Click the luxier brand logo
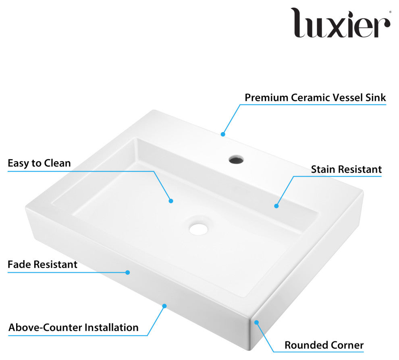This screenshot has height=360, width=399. pos(341,23)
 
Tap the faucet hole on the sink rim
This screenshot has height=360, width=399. pos(236,159)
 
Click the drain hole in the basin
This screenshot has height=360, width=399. pos(198,228)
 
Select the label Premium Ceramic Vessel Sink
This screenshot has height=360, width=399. pos(315,98)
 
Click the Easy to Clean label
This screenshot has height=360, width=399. pos(39,163)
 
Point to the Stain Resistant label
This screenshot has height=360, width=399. pos(346,169)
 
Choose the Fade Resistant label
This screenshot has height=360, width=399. pos(42,265)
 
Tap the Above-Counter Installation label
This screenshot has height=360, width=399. pos(73,327)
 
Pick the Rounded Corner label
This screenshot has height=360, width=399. pos(324,345)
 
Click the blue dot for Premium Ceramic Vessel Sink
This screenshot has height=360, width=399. pos(223,134)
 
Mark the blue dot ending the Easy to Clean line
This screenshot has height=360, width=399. pos(171,201)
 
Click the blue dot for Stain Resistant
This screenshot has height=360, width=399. pos(276,206)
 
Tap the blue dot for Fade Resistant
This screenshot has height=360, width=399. pos(128,272)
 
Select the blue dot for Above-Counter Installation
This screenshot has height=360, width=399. pos(164,306)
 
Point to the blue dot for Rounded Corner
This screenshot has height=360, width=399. pos(256,323)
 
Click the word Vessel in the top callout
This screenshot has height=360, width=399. pos(347,98)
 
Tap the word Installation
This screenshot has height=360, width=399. pos(112,327)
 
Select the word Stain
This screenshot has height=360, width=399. pos(323,169)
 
